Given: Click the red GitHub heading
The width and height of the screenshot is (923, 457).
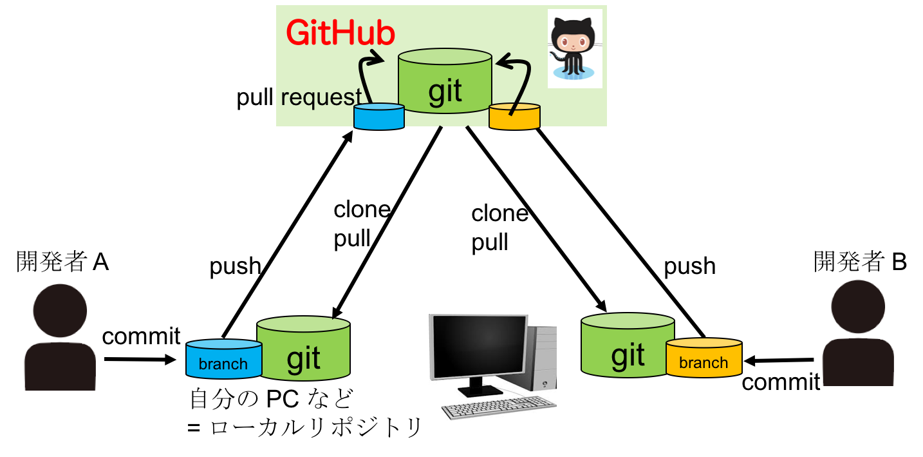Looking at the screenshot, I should point(340,33).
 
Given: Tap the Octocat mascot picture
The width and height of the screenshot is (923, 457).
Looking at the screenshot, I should point(575,48).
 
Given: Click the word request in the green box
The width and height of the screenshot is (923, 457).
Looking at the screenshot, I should point(321,97).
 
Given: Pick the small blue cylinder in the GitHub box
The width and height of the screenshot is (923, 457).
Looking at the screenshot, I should point(379,117).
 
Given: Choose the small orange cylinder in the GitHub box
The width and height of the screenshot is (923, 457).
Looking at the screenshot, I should point(514,117).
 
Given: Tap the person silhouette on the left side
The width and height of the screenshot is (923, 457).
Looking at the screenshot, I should point(61,335).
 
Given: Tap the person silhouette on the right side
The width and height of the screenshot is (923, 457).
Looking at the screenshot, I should point(858,331).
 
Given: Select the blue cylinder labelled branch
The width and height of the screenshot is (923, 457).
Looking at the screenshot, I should point(223,359).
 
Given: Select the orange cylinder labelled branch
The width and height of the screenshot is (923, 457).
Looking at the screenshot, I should point(704,358).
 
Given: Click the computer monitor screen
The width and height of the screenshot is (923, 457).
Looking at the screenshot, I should point(479,346).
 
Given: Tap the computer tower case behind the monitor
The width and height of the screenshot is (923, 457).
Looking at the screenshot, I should point(542,358).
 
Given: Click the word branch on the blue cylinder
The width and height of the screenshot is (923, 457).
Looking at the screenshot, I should point(223,364).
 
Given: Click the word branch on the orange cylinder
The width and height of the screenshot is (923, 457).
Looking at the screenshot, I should point(704,363).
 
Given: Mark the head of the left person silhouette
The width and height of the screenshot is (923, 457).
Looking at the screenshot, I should point(60,309).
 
